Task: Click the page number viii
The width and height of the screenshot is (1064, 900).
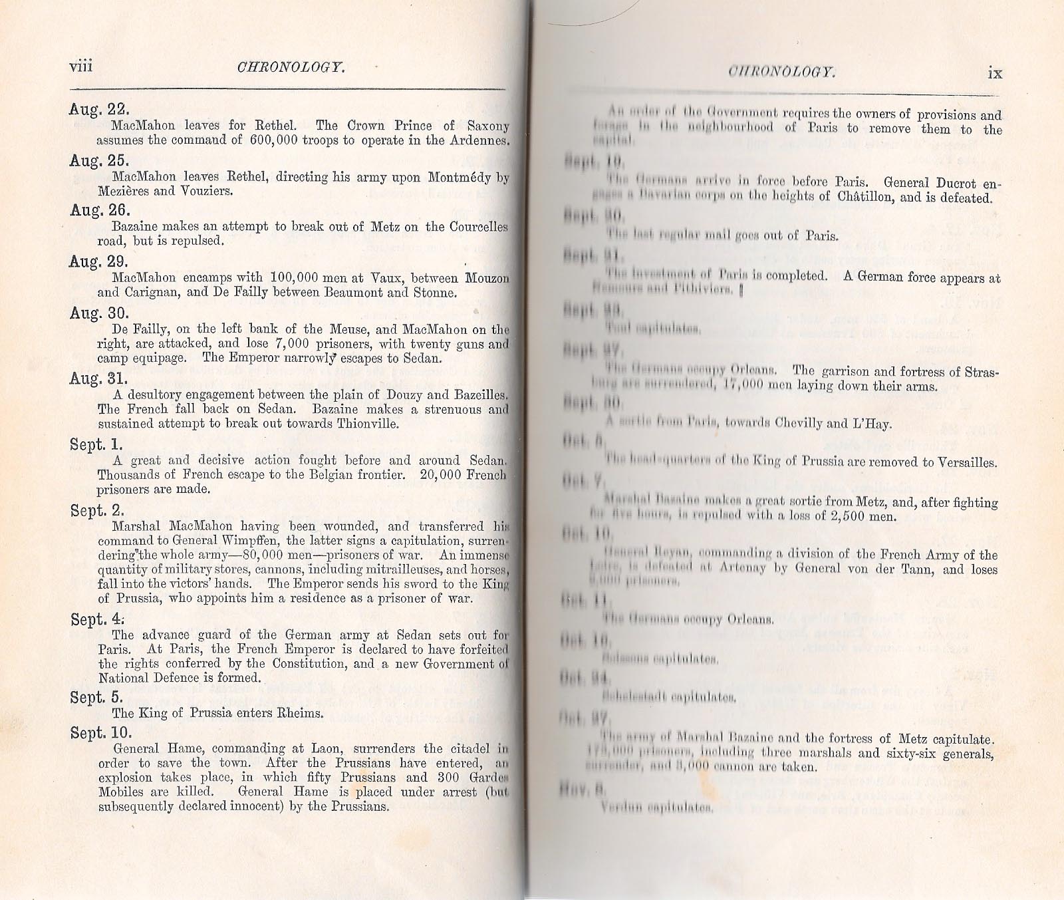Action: (80, 67)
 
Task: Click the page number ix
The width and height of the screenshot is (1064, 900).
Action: (995, 73)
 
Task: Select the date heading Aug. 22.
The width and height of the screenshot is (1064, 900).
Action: (98, 109)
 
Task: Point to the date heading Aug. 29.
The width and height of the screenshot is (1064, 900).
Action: (99, 261)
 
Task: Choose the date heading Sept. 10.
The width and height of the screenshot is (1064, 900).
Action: (101, 733)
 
